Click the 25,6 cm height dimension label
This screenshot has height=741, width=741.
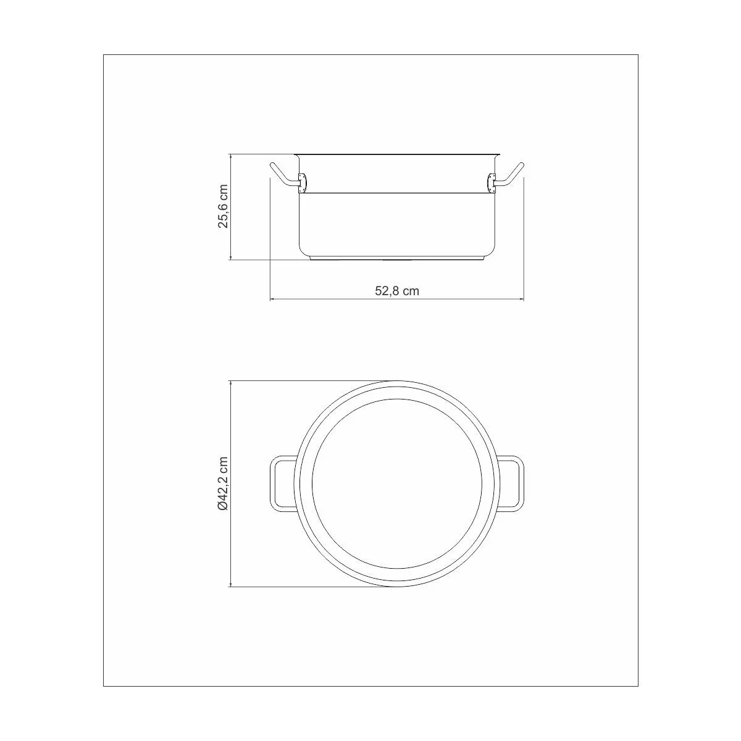coord(223,206)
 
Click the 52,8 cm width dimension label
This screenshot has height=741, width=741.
coord(397,291)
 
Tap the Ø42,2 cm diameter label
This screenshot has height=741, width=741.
coord(223,484)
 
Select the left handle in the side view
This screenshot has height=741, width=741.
coord(284,176)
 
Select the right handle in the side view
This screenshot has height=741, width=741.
coord(509,176)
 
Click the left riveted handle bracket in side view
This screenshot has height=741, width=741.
coord(303,183)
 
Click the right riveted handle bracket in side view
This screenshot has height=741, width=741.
coord(491,183)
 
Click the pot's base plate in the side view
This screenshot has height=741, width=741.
coord(397,257)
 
